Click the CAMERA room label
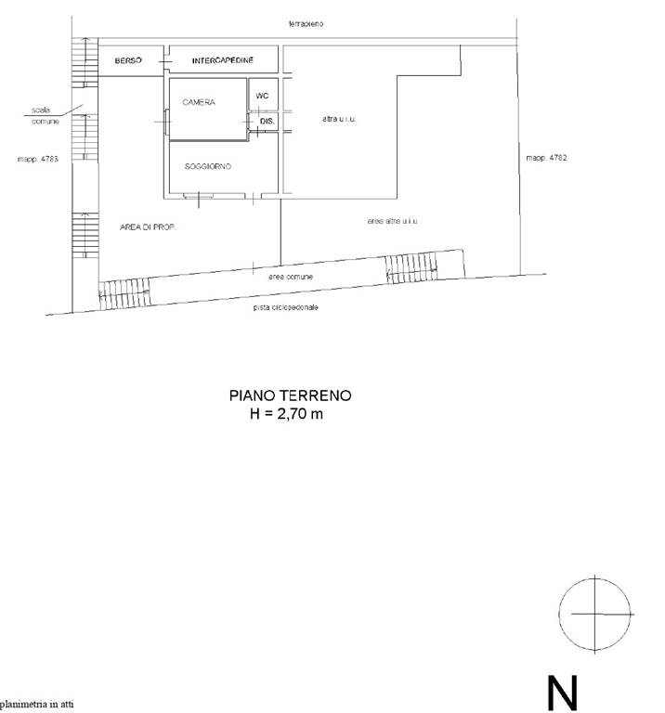click(199, 102)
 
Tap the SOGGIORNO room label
click(208, 166)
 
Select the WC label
click(262, 96)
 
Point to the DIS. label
click(267, 122)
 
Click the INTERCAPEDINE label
click(222, 60)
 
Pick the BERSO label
click(128, 60)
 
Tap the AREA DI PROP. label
click(148, 227)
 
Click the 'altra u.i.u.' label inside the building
click(339, 119)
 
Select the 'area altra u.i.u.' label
click(392, 221)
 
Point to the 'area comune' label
click(291, 277)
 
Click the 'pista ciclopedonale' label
click(286, 307)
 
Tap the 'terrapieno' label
click(306, 23)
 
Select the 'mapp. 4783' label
click(38, 159)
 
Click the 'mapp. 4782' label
click(546, 158)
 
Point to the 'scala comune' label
click(45, 116)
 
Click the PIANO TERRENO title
click(290, 395)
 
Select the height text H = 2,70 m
click(287, 414)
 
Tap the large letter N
click(562, 693)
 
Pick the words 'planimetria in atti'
click(36, 705)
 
